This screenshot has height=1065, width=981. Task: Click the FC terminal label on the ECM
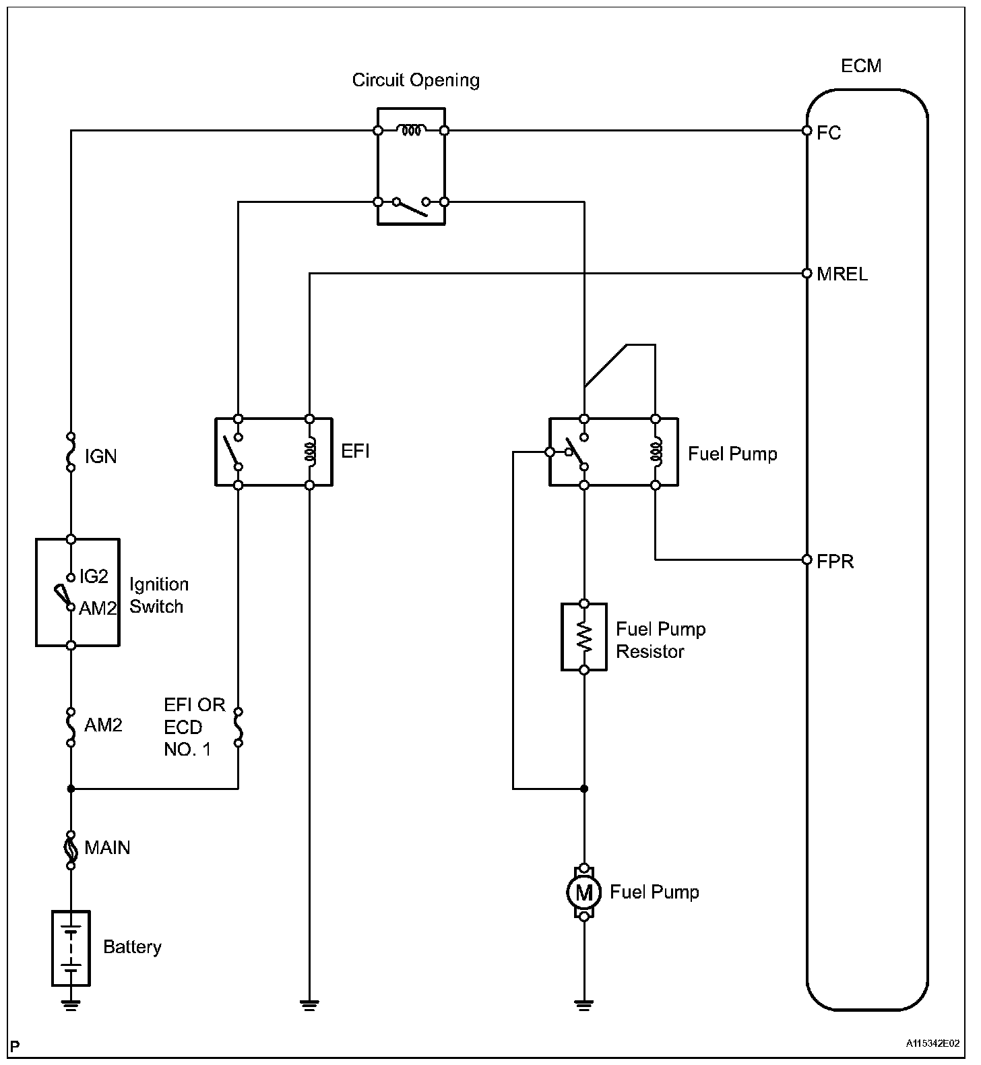[x=828, y=133]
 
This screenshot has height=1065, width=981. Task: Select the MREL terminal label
[x=842, y=274]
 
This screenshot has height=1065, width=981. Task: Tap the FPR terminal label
[x=835, y=561]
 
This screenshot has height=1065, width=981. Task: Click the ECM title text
[x=861, y=66]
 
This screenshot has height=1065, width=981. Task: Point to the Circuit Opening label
[x=416, y=80]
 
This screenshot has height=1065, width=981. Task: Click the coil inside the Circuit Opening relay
[x=410, y=130]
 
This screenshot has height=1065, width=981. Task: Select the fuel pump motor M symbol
[x=583, y=892]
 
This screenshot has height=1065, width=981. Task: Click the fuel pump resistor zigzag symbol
[x=584, y=636]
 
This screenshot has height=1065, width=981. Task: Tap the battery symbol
[x=71, y=948]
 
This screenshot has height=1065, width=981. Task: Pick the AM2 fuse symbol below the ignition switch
[x=71, y=727]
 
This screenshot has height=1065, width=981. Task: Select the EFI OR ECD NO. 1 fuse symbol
[x=238, y=727]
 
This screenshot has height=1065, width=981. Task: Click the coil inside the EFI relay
[x=310, y=452]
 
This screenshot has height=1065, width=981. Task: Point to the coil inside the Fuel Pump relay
[x=655, y=452]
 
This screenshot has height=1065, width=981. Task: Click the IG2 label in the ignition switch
[x=94, y=576]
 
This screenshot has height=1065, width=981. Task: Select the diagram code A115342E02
[x=932, y=1044]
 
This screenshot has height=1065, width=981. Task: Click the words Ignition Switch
[x=159, y=595]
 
